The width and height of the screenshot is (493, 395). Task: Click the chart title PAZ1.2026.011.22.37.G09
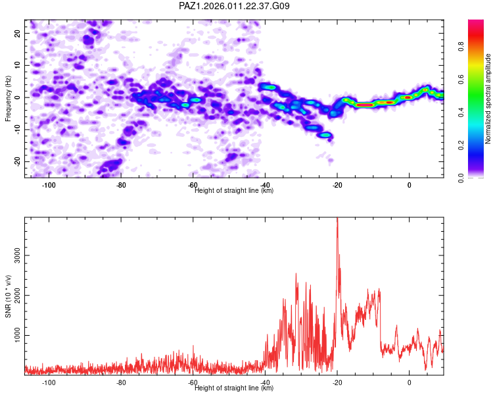(235, 6)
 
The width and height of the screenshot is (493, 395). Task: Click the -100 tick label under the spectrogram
(49, 185)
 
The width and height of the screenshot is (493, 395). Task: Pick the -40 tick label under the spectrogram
(265, 185)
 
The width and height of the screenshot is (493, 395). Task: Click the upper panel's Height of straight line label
(234, 191)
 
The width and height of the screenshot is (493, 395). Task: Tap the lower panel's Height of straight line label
(234, 388)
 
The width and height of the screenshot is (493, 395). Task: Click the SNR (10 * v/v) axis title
(8, 296)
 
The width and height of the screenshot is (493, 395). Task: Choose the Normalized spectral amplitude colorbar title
(488, 99)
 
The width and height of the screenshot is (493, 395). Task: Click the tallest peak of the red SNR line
(337, 219)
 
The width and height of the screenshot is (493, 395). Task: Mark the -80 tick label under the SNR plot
(121, 382)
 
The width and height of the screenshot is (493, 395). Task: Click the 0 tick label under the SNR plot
(409, 382)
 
